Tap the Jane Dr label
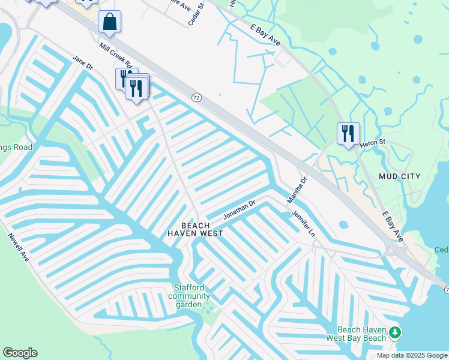(82, 63)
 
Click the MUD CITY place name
(400, 176)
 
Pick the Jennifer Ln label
(303, 223)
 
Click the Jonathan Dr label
(240, 209)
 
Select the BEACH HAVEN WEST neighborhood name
(195, 229)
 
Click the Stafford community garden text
(189, 296)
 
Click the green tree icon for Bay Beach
(395, 332)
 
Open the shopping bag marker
(110, 22)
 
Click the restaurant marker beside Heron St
(348, 133)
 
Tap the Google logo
(20, 353)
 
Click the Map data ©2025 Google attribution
(412, 355)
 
